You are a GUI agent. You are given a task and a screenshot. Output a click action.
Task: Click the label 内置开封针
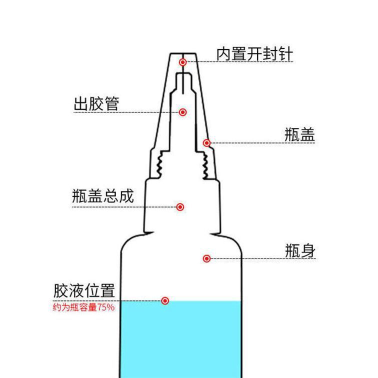[x=254, y=54]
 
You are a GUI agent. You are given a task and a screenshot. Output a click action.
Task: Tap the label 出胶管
[x=96, y=104]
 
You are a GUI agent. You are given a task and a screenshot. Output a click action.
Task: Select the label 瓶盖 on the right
[x=299, y=135]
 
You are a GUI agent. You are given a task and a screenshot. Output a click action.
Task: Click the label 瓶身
[x=300, y=250]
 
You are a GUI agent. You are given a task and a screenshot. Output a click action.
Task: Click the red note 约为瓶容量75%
[x=83, y=307]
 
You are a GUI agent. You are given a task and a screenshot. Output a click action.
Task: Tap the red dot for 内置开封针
[x=183, y=62]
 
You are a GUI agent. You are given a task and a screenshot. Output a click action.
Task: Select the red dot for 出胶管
[x=183, y=112]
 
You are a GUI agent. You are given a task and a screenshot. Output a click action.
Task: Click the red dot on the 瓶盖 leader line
[x=206, y=143]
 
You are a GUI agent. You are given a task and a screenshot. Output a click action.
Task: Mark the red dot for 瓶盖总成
[x=180, y=206]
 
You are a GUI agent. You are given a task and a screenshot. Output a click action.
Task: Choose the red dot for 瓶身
[x=206, y=258]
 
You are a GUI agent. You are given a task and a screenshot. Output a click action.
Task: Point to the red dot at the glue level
[x=165, y=300]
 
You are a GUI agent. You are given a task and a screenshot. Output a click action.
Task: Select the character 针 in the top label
[x=284, y=54]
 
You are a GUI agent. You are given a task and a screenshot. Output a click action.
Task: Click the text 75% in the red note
[x=106, y=307]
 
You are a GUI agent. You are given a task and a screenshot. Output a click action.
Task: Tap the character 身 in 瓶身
[x=308, y=250]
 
